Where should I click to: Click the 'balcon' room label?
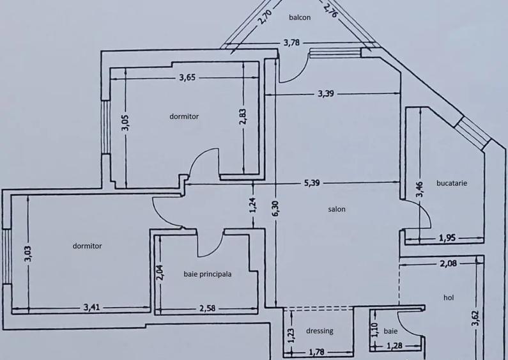[299, 18]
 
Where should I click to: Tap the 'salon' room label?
[337, 209]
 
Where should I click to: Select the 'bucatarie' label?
[452, 183]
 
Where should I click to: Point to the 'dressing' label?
[319, 331]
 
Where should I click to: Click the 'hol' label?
[449, 298]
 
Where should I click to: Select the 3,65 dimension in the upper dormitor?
[187, 78]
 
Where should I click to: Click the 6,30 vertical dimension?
[275, 208]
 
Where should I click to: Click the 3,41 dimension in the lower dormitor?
[92, 308]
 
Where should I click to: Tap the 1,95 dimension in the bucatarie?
[447, 239]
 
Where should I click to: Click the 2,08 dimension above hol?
[447, 263]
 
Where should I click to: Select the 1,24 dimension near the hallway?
[253, 205]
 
